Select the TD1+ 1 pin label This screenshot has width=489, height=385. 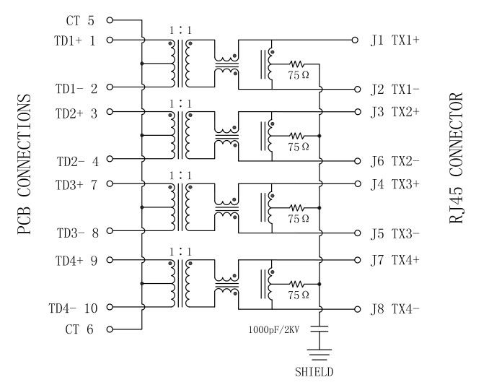[x=76, y=40]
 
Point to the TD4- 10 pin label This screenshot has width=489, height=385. [x=72, y=308]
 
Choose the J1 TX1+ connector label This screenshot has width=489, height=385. [x=395, y=40]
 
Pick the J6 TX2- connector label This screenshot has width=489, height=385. [x=395, y=161]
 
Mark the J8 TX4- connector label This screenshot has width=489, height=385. [x=395, y=309]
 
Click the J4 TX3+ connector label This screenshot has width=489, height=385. [x=395, y=185]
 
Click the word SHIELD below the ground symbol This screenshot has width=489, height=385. [x=314, y=372]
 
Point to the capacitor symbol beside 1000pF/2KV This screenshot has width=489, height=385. [x=318, y=329]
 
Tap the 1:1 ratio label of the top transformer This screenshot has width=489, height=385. [x=180, y=31]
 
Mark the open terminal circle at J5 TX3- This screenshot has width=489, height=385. [x=355, y=233]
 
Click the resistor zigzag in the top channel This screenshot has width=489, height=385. [x=296, y=64]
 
